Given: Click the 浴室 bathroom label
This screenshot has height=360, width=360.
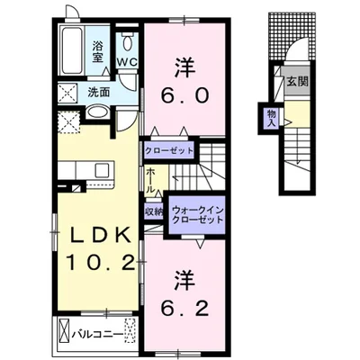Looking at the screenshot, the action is pos(97,51).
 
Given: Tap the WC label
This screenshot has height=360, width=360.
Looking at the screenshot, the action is pos(127,62).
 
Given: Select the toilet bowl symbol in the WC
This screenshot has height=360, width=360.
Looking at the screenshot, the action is pos(128,44).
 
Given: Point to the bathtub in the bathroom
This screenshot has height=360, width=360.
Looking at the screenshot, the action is pos(72,50).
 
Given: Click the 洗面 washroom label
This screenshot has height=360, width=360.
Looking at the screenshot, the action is pos(98,93).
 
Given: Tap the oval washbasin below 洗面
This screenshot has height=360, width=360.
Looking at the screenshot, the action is pos(97,113).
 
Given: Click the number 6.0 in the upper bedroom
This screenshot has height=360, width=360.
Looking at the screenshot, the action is pos(184,95).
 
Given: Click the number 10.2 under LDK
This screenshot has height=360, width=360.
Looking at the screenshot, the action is pos(100,263).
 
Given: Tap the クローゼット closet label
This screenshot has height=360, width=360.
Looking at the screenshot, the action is pos(169,150).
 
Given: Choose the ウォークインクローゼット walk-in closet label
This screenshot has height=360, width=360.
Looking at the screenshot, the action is pos(198,215).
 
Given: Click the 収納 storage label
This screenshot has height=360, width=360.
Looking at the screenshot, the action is pos(154,212).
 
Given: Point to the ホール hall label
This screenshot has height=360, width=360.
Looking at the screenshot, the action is pos(151,180).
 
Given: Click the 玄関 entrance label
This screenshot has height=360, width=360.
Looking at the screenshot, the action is pos(297,81).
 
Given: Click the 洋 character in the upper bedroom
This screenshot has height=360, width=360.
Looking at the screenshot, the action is pos(185,68).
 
